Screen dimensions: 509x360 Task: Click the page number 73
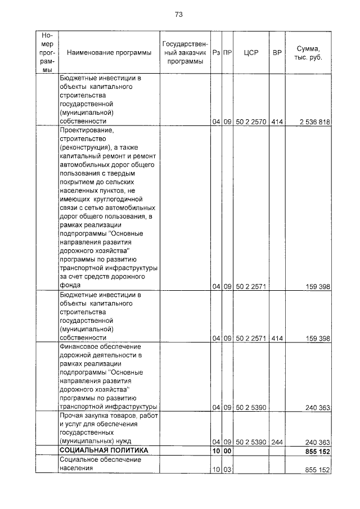pyautogui.click(x=179, y=14)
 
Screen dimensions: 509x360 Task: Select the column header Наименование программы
pyautogui.click(x=109, y=53)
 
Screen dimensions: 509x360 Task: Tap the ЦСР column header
pyautogui.click(x=250, y=53)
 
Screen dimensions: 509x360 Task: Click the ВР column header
pyautogui.click(x=276, y=53)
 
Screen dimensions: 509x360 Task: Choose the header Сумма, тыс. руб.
pyautogui.click(x=309, y=53)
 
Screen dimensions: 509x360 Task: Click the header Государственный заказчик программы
pyautogui.click(x=184, y=53)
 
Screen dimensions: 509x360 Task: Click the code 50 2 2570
pyautogui.click(x=250, y=121)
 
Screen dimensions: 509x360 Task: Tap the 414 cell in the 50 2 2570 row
pyautogui.click(x=276, y=121)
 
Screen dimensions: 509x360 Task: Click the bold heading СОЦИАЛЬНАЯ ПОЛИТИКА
pyautogui.click(x=104, y=451)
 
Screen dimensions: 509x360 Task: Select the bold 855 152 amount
pyautogui.click(x=314, y=452)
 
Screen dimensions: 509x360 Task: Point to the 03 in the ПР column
pyautogui.click(x=227, y=470)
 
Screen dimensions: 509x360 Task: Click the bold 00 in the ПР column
pyautogui.click(x=227, y=452)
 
